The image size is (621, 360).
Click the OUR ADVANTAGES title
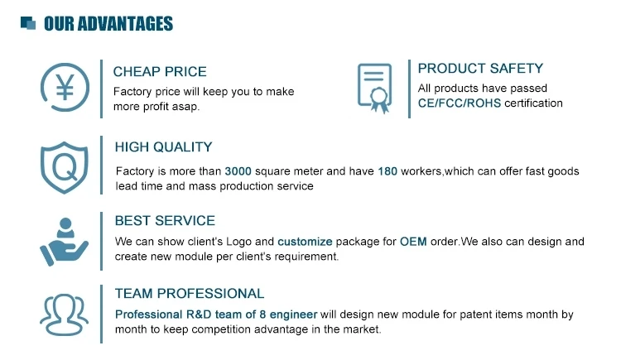click(108, 23)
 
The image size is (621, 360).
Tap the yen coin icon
click(64, 88)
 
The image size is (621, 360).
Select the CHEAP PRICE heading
click(160, 72)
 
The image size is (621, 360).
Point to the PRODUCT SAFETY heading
click(480, 69)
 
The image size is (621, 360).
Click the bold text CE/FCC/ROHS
click(459, 104)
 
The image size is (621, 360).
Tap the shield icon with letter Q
click(64, 168)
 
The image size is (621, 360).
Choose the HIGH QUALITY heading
click(163, 147)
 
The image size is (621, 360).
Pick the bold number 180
click(388, 171)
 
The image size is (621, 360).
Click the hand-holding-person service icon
click(63, 241)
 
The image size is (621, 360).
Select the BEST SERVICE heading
click(165, 221)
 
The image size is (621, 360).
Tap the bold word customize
click(305, 242)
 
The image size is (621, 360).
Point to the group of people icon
click(64, 314)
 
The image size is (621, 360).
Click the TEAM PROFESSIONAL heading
click(190, 294)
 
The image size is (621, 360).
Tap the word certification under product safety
click(533, 104)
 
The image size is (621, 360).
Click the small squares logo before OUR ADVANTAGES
click(28, 23)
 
